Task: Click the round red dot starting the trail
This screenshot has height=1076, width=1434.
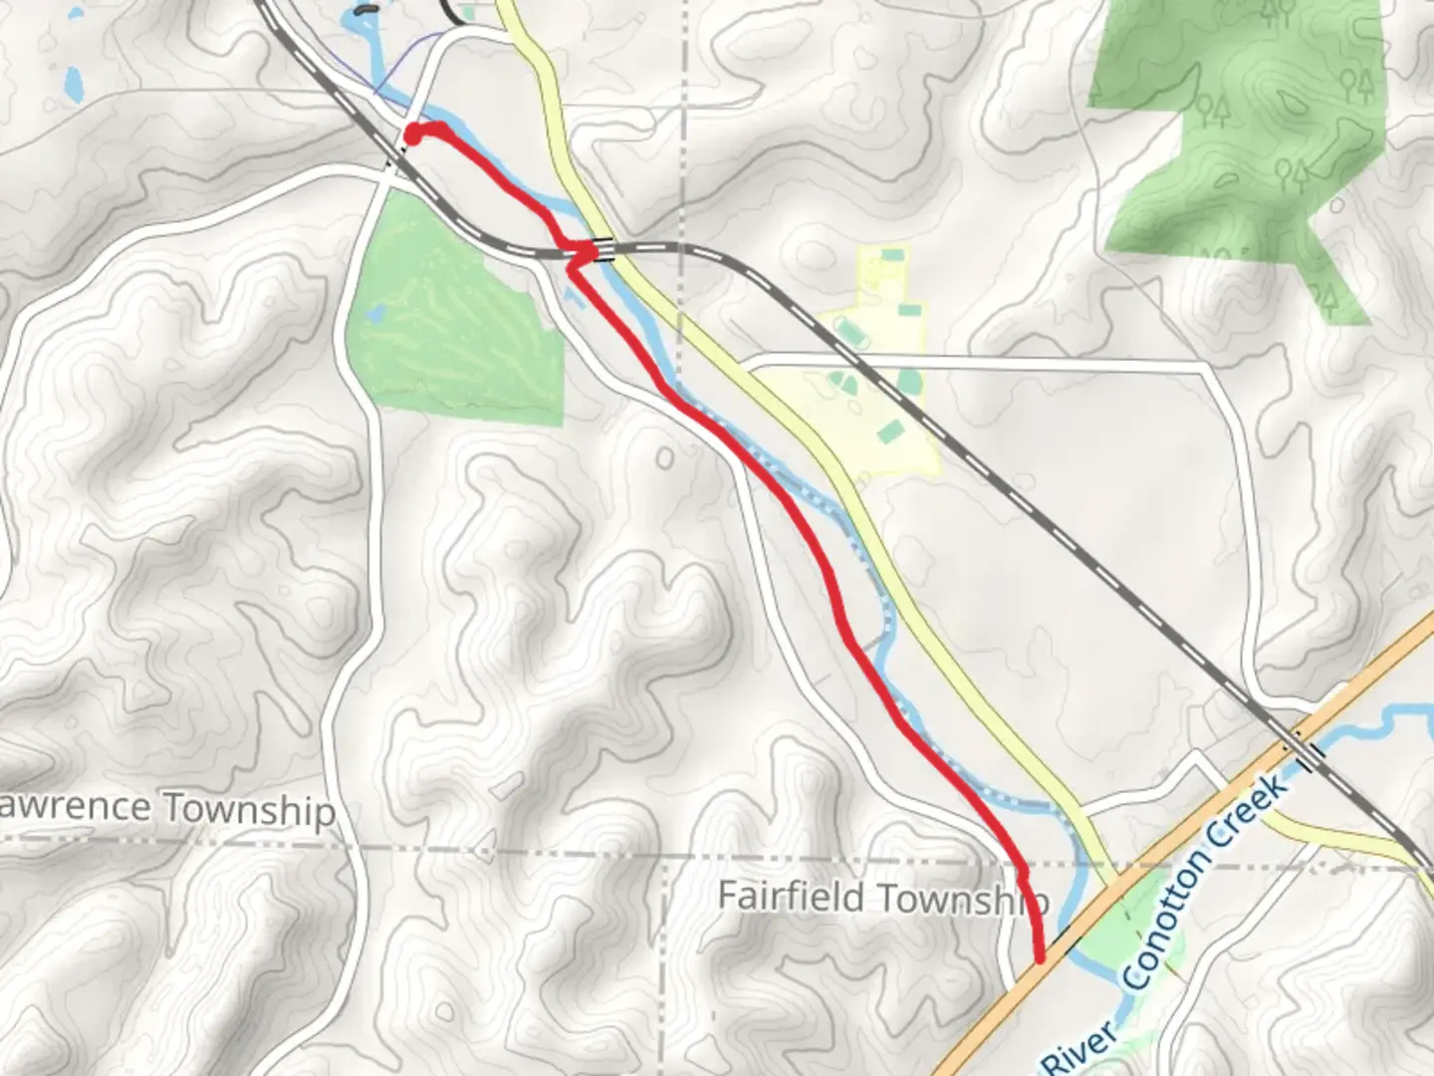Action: click(x=412, y=134)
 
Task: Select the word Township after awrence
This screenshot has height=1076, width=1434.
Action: click(x=249, y=809)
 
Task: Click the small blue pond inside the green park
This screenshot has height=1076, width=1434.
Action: click(x=373, y=315)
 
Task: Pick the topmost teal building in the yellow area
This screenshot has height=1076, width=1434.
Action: click(x=892, y=257)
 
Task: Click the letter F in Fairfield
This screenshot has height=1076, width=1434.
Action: click(x=728, y=896)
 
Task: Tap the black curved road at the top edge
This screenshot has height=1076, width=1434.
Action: click(x=454, y=12)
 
